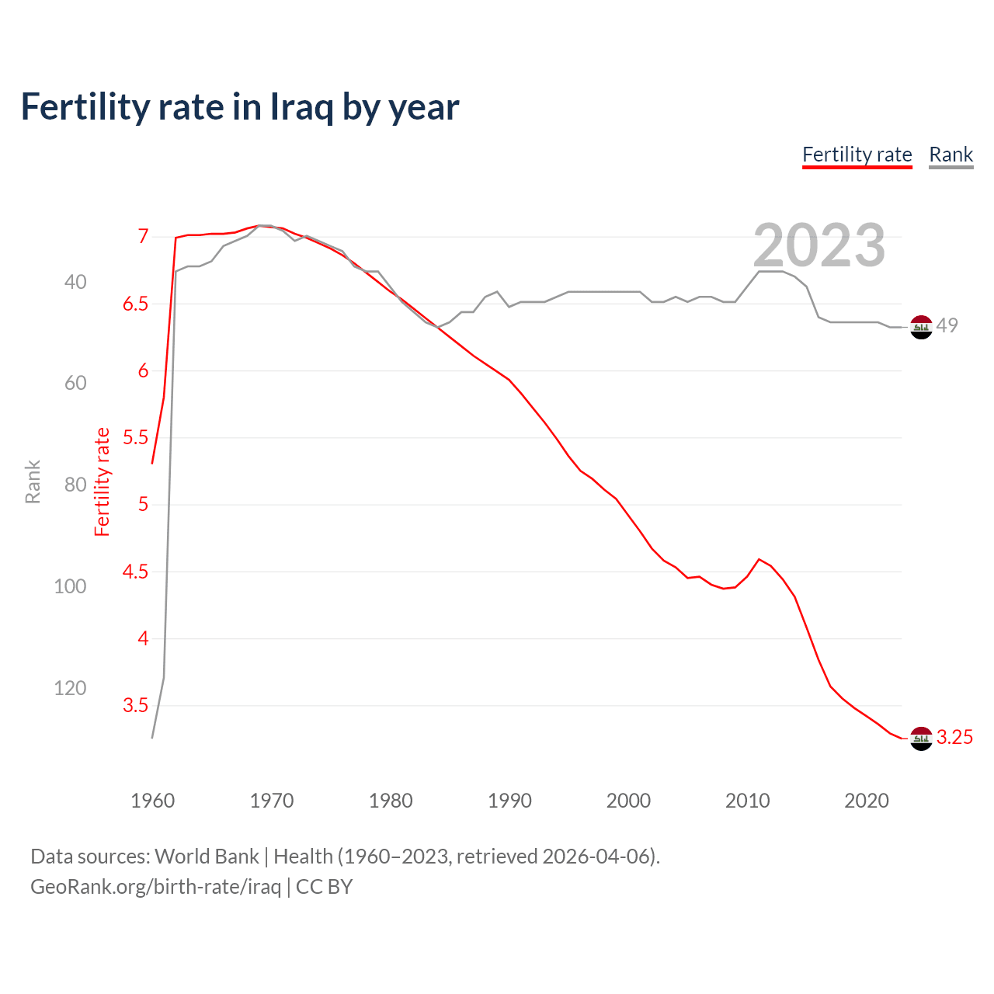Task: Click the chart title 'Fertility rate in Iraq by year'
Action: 239,107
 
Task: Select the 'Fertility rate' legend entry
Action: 857,155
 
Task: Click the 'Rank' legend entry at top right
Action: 951,155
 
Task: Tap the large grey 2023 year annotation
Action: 819,245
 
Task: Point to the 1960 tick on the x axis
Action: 152,801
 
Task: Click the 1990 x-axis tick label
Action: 509,801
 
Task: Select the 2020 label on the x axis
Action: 866,801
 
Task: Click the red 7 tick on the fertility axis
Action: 143,236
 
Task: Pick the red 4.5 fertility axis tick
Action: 135,572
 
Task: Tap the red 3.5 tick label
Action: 135,706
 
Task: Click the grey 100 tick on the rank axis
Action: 70,586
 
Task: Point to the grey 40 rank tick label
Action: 75,282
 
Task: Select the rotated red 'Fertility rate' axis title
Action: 103,481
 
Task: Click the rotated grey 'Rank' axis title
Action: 33,481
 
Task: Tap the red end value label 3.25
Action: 954,738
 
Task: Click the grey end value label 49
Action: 947,325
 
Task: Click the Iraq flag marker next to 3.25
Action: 921,739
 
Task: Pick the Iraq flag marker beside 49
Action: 921,328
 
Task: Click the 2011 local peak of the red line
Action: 759,559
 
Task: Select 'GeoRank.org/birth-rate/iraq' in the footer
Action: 155,887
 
